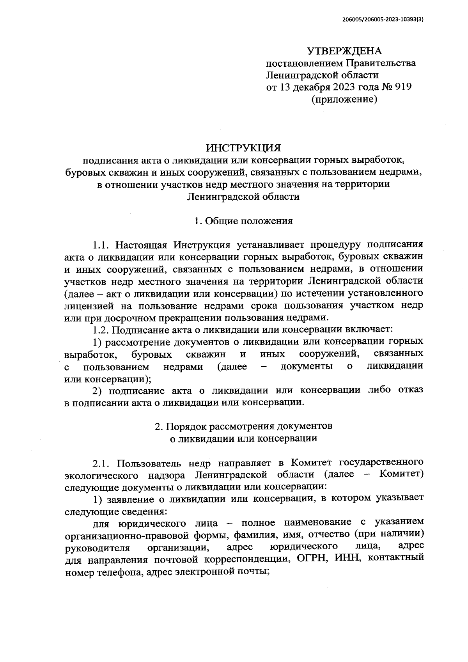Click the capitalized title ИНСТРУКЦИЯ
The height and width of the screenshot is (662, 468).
coord(243,148)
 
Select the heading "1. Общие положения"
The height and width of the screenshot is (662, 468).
coord(243,221)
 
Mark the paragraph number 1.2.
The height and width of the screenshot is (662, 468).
coord(101,330)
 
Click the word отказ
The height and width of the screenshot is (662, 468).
coord(410,390)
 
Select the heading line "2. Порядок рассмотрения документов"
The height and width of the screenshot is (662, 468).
coord(243,426)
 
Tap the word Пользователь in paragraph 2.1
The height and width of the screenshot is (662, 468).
coord(150,463)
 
